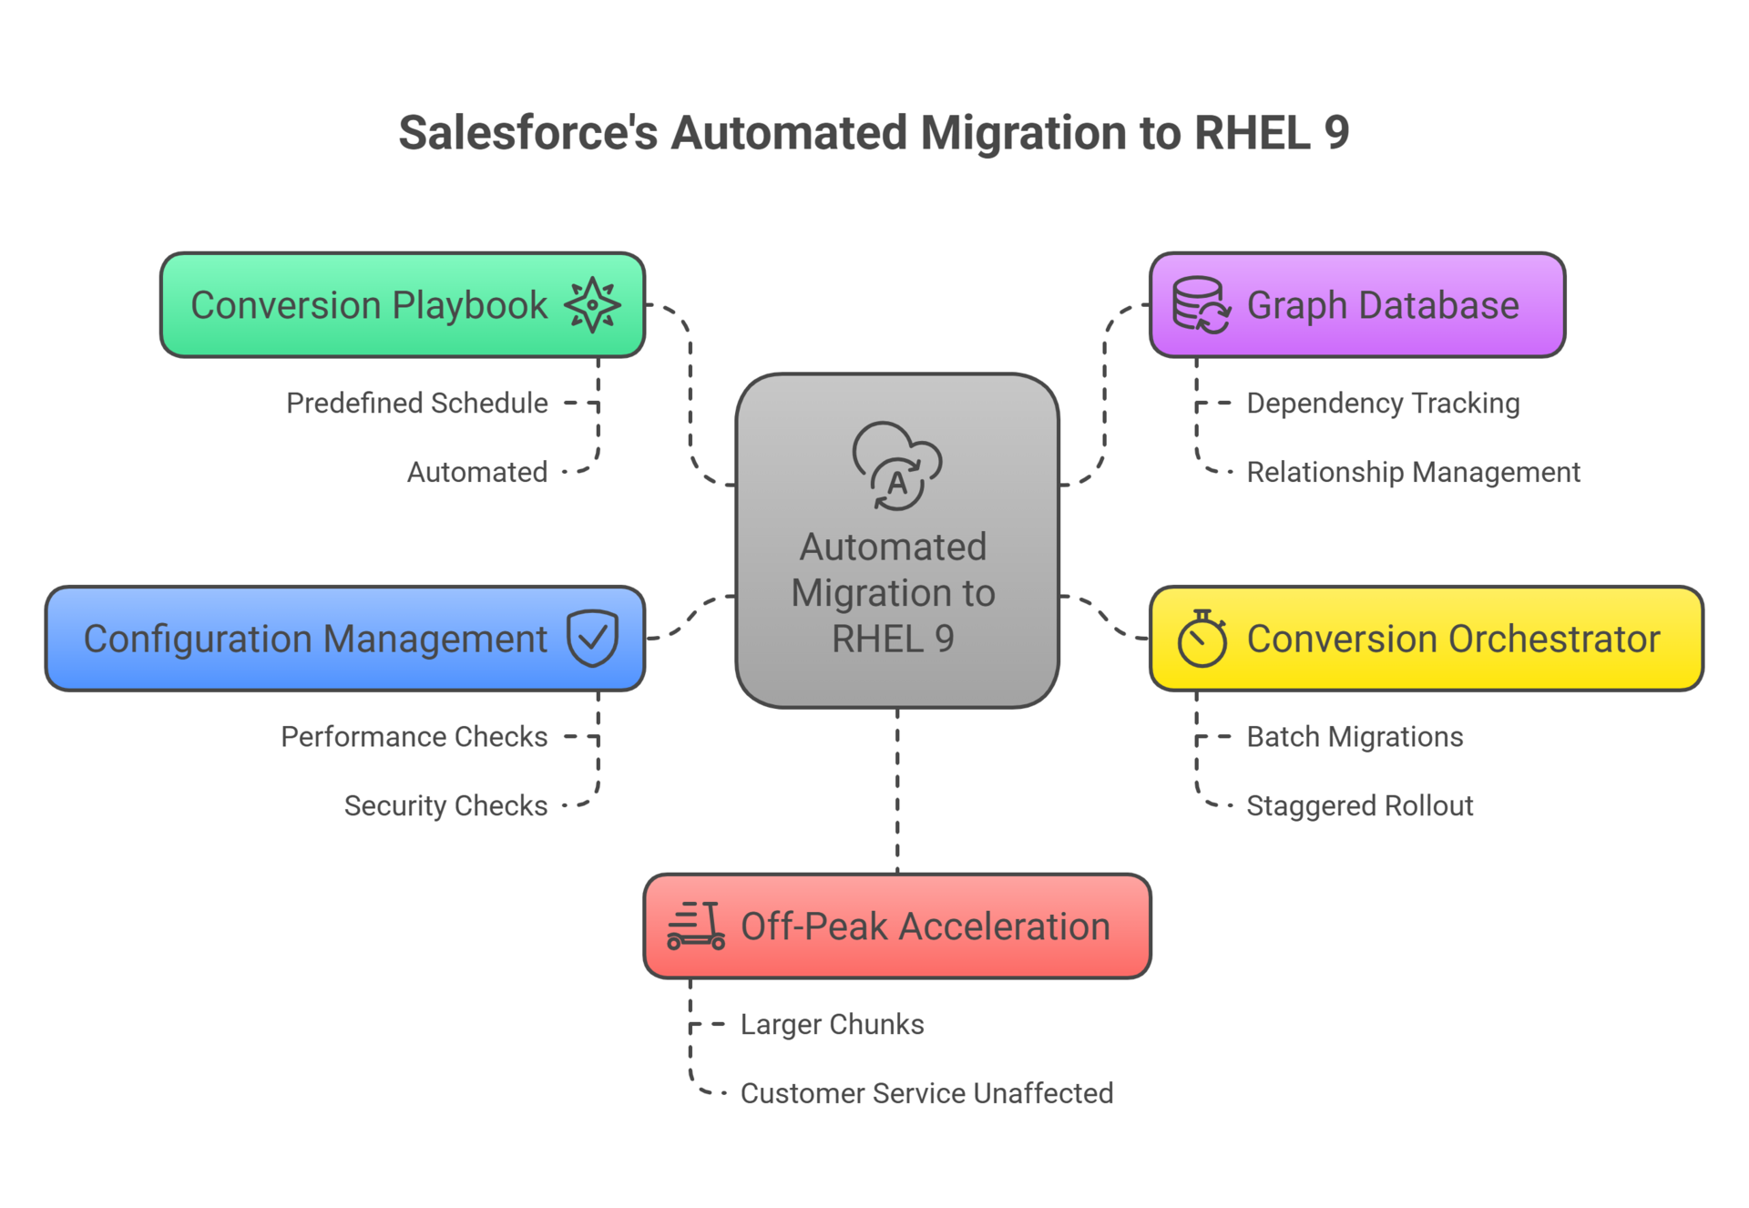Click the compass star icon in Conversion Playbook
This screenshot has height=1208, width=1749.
[592, 304]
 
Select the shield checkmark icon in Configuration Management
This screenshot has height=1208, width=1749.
[592, 638]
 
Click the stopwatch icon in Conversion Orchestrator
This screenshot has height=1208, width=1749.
[1202, 639]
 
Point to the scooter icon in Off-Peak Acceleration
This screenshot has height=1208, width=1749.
[696, 926]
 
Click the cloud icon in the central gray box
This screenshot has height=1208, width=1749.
[896, 466]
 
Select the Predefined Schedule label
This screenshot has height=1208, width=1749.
[416, 403]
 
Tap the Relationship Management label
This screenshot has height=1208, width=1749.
[1412, 472]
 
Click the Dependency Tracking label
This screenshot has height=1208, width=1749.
[1382, 403]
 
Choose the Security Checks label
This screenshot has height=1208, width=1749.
[445, 805]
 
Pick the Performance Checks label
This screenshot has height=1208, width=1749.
[414, 736]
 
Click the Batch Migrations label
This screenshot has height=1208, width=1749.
[1354, 736]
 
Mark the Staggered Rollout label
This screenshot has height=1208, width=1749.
[1359, 805]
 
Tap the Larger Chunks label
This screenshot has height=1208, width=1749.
[832, 1024]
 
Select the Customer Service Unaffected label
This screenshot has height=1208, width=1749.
[926, 1092]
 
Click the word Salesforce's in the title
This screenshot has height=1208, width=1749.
[527, 133]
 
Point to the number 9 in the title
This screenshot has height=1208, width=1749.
[1336, 133]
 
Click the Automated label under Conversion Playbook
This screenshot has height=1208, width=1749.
[476, 472]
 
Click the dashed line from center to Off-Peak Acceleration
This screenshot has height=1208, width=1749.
[897, 791]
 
